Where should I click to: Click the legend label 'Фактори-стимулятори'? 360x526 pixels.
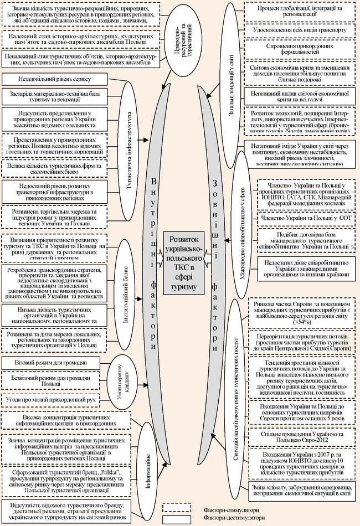225,509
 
